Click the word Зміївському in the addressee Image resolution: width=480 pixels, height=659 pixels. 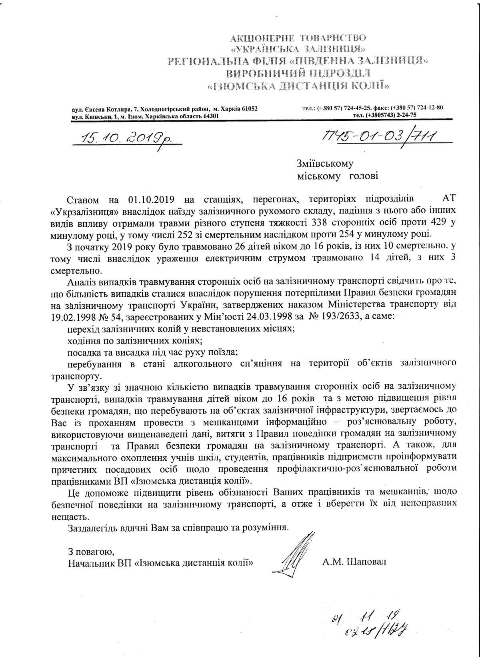[x=325, y=164]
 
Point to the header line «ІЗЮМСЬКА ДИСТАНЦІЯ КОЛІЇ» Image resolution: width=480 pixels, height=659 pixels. [x=298, y=85]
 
